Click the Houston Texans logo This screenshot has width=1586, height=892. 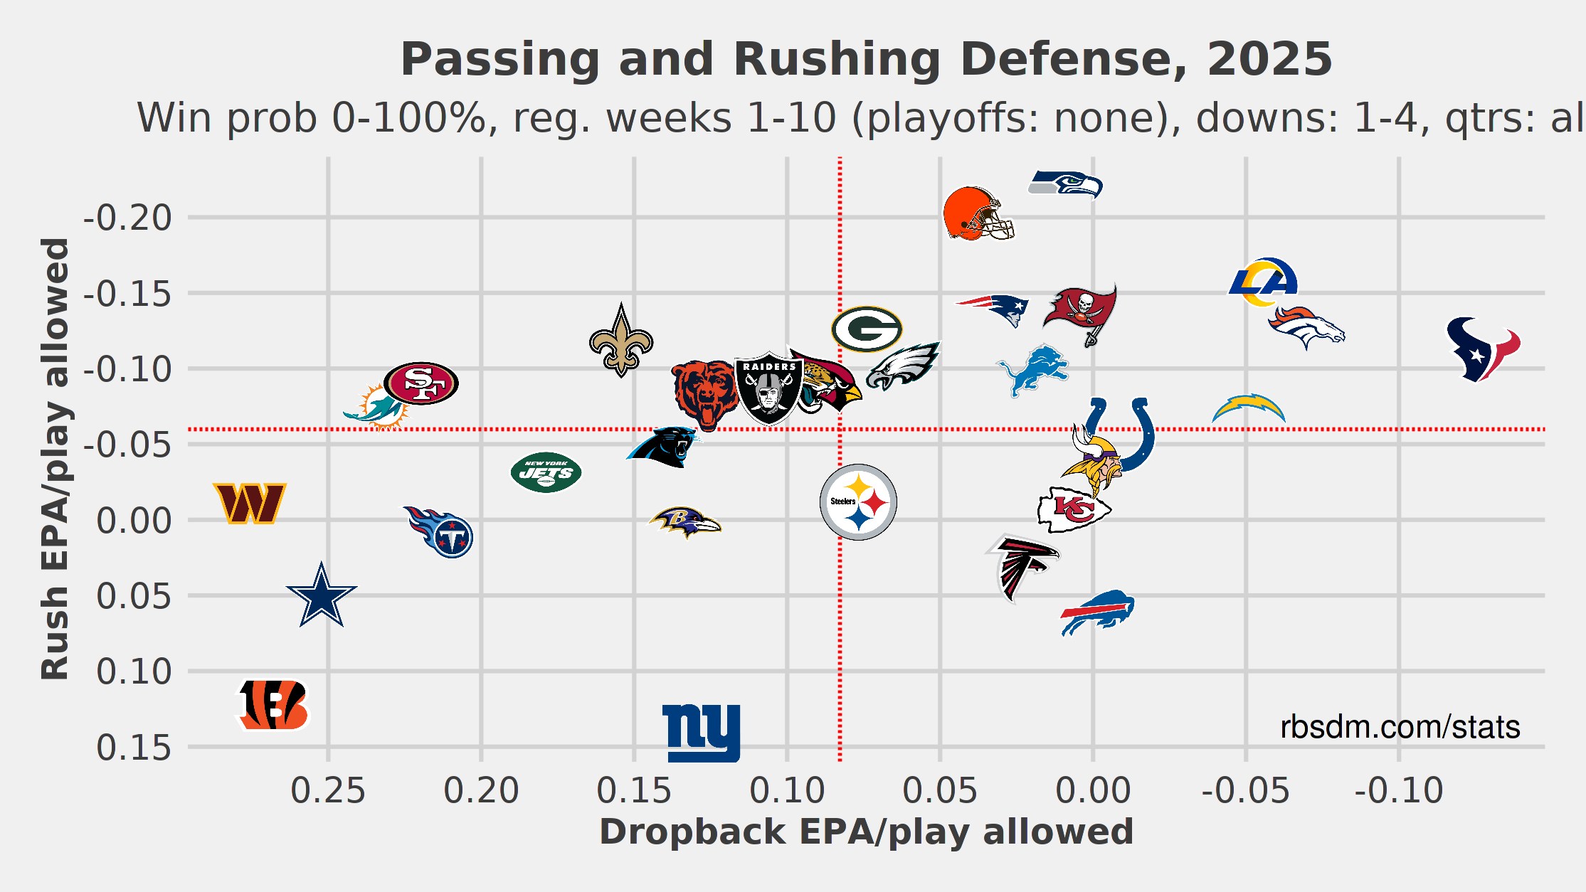pyautogui.click(x=1483, y=349)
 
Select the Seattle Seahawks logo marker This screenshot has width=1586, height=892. pyautogui.click(x=1065, y=184)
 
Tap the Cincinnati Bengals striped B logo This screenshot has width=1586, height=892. pyautogui.click(x=273, y=705)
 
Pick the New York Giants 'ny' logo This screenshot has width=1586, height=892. pyautogui.click(x=702, y=733)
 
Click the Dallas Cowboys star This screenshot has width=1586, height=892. pyautogui.click(x=322, y=596)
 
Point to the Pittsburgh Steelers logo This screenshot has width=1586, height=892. pyautogui.click(x=858, y=502)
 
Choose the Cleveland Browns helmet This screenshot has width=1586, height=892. pyautogui.click(x=978, y=213)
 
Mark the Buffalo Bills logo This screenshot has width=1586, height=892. pyautogui.click(x=1097, y=612)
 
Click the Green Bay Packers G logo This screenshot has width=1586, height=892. pyautogui.click(x=867, y=329)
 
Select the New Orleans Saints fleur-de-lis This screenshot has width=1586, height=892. pyautogui.click(x=621, y=341)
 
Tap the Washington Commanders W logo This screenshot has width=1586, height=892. pyautogui.click(x=250, y=503)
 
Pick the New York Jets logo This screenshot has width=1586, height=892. pyautogui.click(x=546, y=472)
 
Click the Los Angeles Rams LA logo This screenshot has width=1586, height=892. pyautogui.click(x=1264, y=282)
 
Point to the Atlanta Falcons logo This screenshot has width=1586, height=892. pyautogui.click(x=1022, y=566)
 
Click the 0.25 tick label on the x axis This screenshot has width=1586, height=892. pyautogui.click(x=328, y=791)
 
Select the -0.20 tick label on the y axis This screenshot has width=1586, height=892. pyautogui.click(x=127, y=218)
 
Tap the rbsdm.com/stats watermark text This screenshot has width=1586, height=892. pyautogui.click(x=1400, y=727)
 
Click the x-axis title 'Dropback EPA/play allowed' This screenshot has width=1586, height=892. pyautogui.click(x=866, y=832)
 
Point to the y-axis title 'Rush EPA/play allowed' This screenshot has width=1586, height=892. pyautogui.click(x=55, y=459)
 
